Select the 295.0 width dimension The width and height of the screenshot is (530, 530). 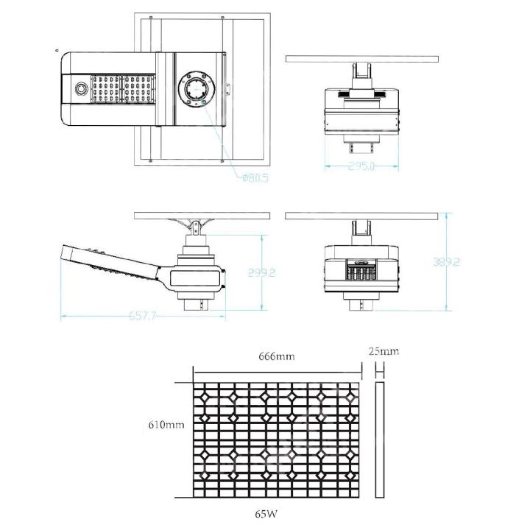click(x=361, y=166)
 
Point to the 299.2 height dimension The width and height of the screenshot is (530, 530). click(x=263, y=272)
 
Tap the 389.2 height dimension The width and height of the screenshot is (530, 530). click(x=447, y=262)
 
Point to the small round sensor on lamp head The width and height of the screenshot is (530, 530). click(x=79, y=88)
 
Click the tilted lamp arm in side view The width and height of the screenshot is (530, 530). click(x=110, y=265)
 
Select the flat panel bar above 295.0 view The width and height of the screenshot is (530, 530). click(x=361, y=59)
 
